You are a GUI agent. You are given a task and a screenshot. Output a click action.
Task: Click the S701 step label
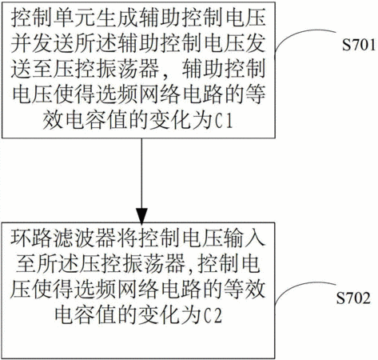[x=359, y=45]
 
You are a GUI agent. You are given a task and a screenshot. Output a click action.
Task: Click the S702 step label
[x=353, y=298]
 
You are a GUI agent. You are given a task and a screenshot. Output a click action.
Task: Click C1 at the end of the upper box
[x=224, y=122]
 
